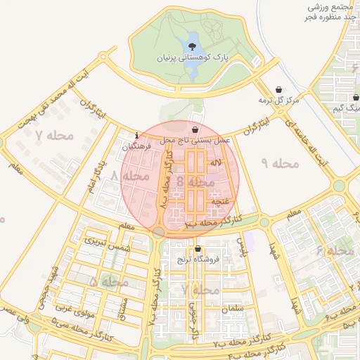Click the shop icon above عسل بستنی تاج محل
coord(195,130)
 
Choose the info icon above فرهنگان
coord(136,136)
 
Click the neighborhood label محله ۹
coord(280,164)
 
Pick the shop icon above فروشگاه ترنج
coord(198,249)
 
